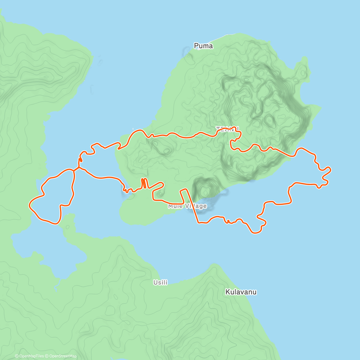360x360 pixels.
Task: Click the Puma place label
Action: (203, 46)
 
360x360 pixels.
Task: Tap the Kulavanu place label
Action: (241, 292)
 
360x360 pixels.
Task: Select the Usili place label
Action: (160, 282)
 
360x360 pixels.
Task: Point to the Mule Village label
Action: (187, 206)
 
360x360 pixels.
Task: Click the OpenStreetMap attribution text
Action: (63, 356)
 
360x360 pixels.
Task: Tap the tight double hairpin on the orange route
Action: (144, 183)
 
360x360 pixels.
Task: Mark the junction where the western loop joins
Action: (74, 170)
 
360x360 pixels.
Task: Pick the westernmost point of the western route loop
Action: (29, 205)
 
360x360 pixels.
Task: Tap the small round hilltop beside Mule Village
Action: (205, 190)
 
